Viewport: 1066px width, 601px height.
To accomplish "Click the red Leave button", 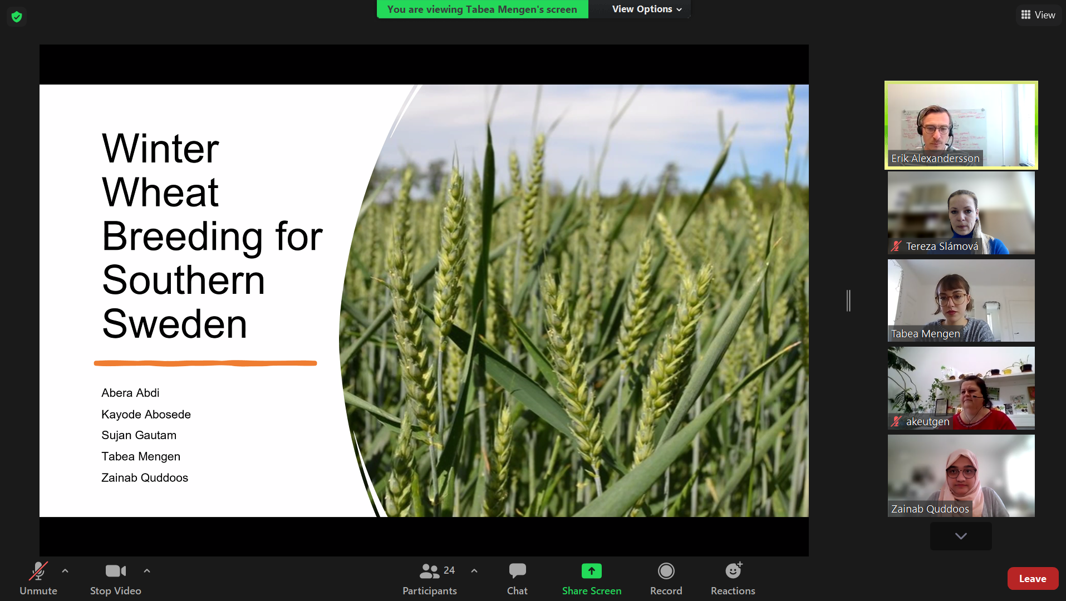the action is pos(1033,579).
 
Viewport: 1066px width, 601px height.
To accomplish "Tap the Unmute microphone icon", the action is pos(38,571).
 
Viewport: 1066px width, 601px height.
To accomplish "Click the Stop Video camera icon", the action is pos(116,571).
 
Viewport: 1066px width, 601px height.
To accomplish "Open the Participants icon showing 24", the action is pos(429,571).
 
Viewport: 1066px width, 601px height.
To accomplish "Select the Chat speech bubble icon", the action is pos(517,571).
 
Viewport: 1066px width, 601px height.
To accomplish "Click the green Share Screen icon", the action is pos(592,571).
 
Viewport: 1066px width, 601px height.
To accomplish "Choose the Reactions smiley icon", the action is pos(733,570).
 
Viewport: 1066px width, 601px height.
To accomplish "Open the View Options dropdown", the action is pos(647,9).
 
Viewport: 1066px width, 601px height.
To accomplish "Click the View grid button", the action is pos(1038,15).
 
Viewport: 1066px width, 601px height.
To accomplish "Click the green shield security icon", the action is pos(17,17).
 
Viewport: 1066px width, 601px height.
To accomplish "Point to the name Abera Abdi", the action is pos(130,393).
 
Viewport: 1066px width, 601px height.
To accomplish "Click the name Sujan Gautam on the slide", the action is pos(139,435).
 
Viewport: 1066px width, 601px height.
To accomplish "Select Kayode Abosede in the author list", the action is pos(146,415).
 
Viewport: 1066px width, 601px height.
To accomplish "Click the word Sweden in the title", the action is pos(174,324).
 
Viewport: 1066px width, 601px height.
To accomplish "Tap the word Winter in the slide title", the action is pos(160,149).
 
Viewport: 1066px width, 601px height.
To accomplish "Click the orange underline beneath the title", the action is pos(205,363).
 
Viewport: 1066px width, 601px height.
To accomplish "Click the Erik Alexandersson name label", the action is pos(935,159).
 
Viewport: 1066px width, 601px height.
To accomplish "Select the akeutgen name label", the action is pos(927,422).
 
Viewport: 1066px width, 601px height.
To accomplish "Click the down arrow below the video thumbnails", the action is pos(961,536).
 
